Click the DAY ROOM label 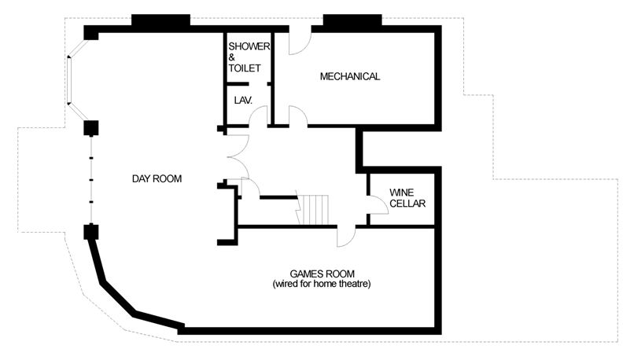click(157, 178)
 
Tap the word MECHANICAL click(350, 76)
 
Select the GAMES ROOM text click(322, 274)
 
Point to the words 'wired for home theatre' click(322, 284)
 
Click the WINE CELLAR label click(407, 198)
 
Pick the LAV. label click(243, 100)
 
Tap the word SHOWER click(249, 46)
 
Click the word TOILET click(245, 68)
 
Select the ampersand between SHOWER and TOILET click(232, 57)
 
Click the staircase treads click(313, 210)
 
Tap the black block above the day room click(161, 20)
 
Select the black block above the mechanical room click(352, 20)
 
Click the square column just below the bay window click(91, 128)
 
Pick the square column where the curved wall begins click(91, 233)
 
